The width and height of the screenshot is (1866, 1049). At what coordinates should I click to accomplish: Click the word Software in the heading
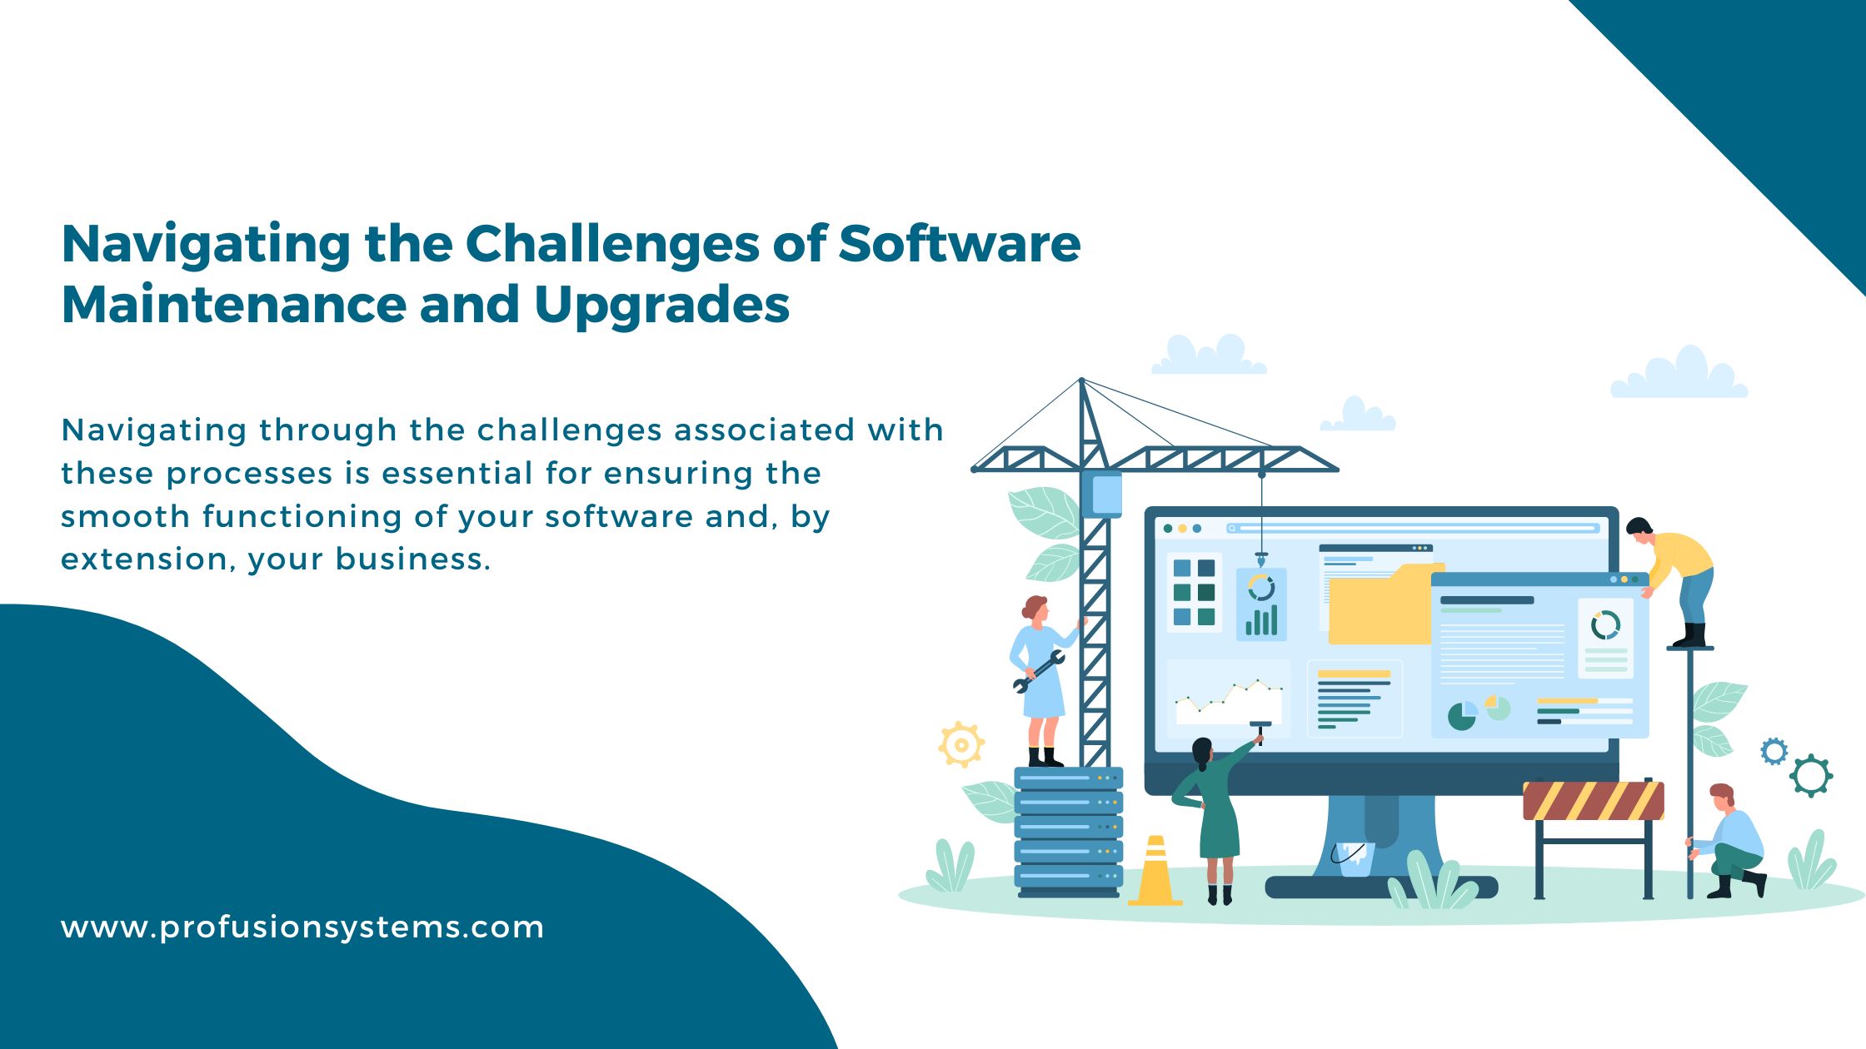(x=959, y=244)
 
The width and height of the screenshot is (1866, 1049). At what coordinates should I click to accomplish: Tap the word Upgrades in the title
(x=661, y=306)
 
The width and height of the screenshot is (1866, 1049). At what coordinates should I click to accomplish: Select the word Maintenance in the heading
(x=233, y=304)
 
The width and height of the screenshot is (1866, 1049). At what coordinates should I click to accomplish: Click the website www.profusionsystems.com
(x=302, y=927)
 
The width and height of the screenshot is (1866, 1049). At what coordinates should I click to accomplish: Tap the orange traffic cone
(x=1155, y=874)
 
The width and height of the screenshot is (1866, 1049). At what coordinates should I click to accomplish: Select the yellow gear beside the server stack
(x=961, y=744)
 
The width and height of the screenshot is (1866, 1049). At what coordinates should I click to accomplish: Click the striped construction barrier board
(x=1593, y=801)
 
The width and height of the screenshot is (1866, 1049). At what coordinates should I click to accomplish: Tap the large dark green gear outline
(x=1810, y=775)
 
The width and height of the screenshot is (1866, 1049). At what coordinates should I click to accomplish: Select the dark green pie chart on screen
(x=1460, y=716)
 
